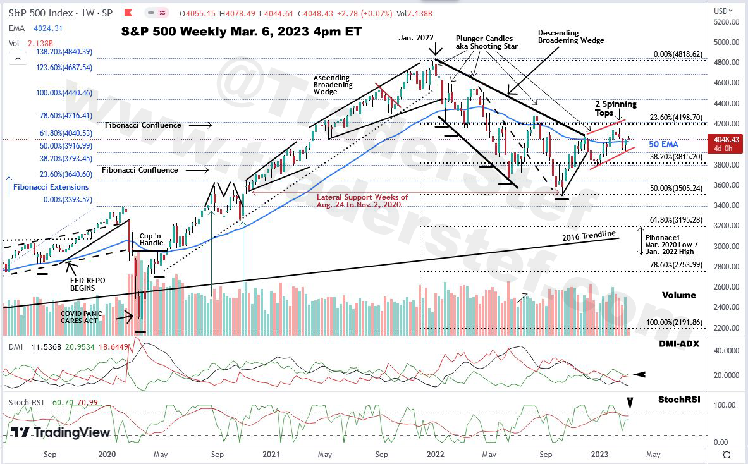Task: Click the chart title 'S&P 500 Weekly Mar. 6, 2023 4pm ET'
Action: (242, 30)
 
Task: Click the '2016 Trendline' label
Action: (589, 236)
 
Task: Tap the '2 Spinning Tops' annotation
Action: (615, 108)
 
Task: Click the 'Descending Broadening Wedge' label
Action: (570, 36)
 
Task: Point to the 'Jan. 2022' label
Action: (416, 38)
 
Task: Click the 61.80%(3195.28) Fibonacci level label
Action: (675, 219)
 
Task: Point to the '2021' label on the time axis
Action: (271, 454)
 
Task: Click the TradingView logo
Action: (61, 433)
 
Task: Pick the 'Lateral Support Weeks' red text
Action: (362, 201)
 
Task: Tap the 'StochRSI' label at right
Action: (678, 400)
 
